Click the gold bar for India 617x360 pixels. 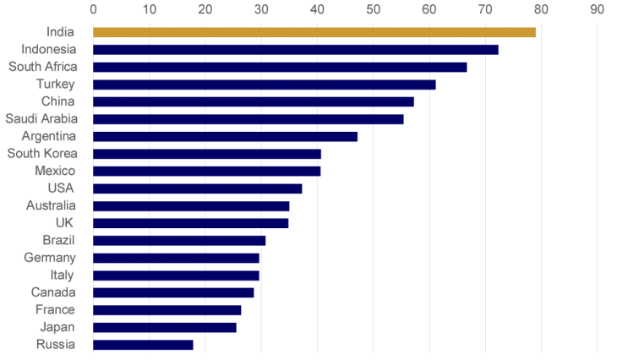point(314,32)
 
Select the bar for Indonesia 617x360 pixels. point(296,49)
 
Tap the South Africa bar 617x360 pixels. point(280,67)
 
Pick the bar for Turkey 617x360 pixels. point(265,85)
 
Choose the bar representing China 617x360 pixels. point(254,101)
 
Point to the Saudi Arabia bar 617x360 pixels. point(248,119)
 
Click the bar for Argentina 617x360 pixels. point(226,136)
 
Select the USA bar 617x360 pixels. point(198,188)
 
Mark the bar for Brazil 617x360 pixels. point(179,240)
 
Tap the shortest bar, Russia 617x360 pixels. point(143,345)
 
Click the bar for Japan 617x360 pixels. point(165,327)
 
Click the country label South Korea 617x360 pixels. point(42,154)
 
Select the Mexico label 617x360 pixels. point(55,171)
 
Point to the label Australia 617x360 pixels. point(50,205)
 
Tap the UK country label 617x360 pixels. point(64,223)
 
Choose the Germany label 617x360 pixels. point(49,258)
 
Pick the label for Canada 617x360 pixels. point(53,292)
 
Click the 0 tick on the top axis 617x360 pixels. point(93,9)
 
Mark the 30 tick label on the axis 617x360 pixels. point(260,9)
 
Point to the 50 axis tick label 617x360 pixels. point(373,9)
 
